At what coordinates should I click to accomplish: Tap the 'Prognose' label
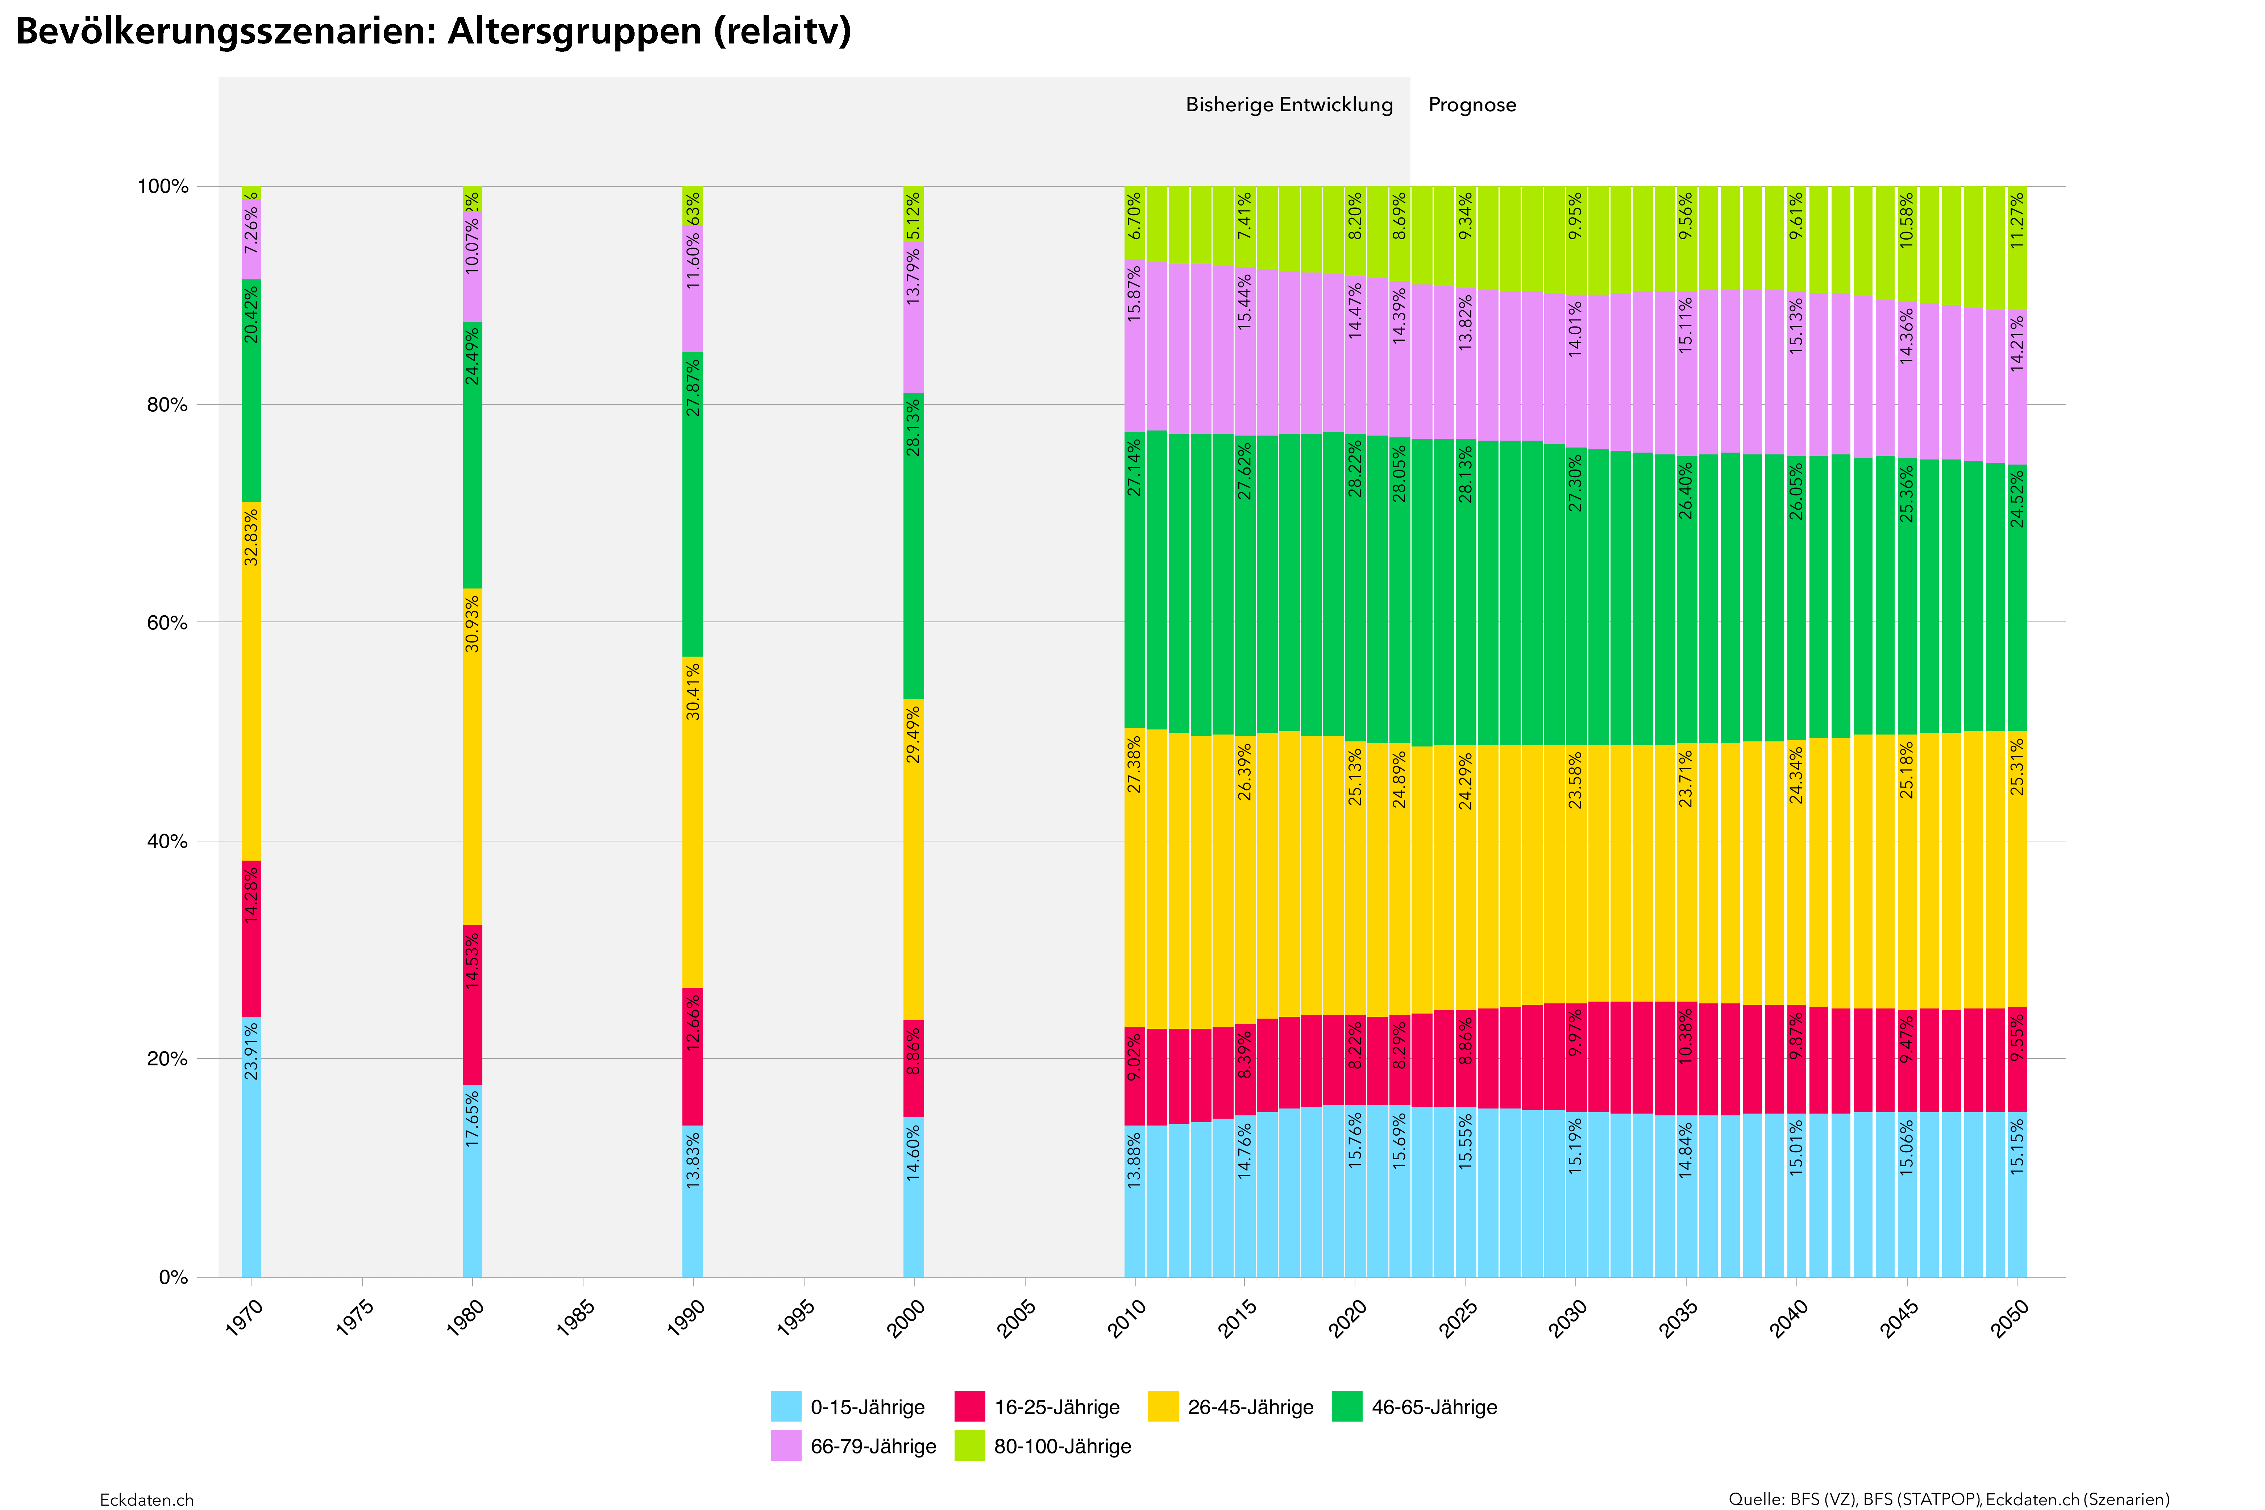click(x=1471, y=105)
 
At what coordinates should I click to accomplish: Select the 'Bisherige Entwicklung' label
click(x=1288, y=105)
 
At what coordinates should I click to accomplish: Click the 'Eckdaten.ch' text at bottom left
click(x=146, y=1499)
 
